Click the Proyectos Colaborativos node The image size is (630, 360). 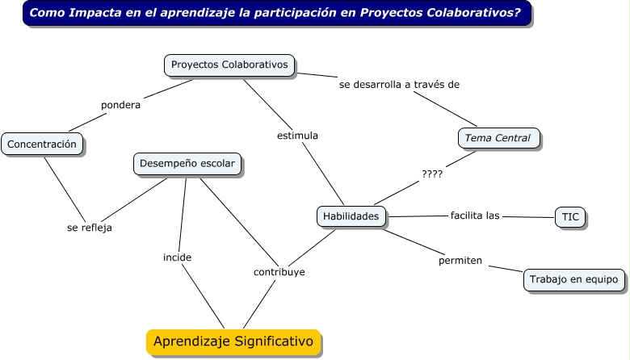(x=230, y=65)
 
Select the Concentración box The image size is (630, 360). (x=43, y=144)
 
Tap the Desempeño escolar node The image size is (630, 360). (x=187, y=164)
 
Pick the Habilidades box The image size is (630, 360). (x=351, y=216)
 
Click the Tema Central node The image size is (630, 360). (x=498, y=138)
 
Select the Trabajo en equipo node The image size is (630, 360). (x=573, y=279)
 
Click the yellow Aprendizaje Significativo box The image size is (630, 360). (x=233, y=341)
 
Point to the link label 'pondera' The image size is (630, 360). (x=120, y=105)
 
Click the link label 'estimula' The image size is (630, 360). (x=297, y=136)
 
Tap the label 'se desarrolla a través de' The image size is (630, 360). (x=399, y=84)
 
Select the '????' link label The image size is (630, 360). (x=432, y=174)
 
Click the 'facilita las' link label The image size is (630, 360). (x=475, y=216)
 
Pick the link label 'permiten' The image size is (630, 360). (x=460, y=261)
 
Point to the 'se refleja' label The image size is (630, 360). (x=89, y=228)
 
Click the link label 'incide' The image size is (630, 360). (x=177, y=257)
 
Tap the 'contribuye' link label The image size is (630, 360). (x=279, y=272)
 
